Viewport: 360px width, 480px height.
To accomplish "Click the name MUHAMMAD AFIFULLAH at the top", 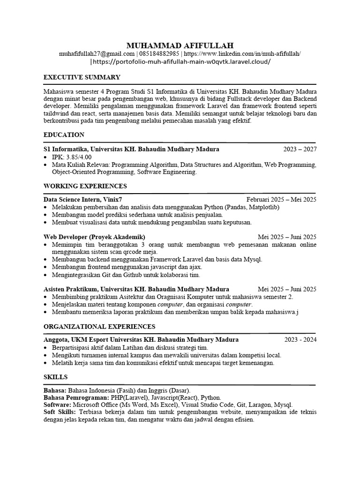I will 180,45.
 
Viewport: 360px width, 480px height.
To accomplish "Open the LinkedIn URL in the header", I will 243,54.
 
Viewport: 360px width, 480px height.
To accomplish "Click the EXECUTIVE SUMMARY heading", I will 82,77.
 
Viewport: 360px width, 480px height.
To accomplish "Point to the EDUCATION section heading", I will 64,135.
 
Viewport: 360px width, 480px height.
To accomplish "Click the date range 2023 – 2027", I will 300,150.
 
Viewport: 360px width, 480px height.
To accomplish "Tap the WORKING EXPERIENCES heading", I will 85,186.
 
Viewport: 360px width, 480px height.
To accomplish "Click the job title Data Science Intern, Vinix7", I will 86,199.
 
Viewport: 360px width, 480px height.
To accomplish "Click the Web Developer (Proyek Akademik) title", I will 94,236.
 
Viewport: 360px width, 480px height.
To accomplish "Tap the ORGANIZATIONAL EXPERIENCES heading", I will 100,326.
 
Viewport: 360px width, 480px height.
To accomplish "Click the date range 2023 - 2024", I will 300,339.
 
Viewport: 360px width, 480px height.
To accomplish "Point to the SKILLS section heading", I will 55,376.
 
